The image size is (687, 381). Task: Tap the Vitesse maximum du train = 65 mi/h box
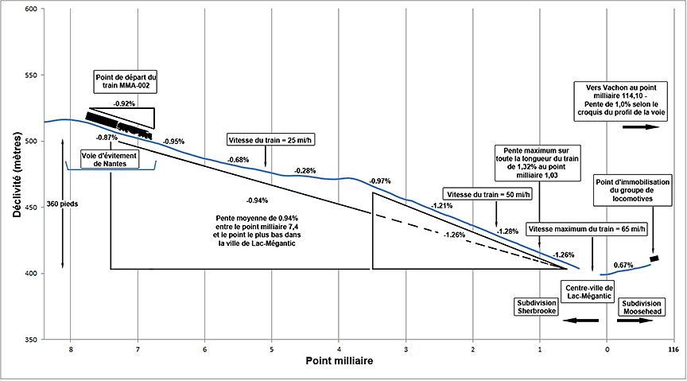588,228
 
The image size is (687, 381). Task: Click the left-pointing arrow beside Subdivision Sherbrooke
581,320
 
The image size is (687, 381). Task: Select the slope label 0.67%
623,264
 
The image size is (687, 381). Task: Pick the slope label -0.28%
305,170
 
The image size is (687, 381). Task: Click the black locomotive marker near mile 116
654,258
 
